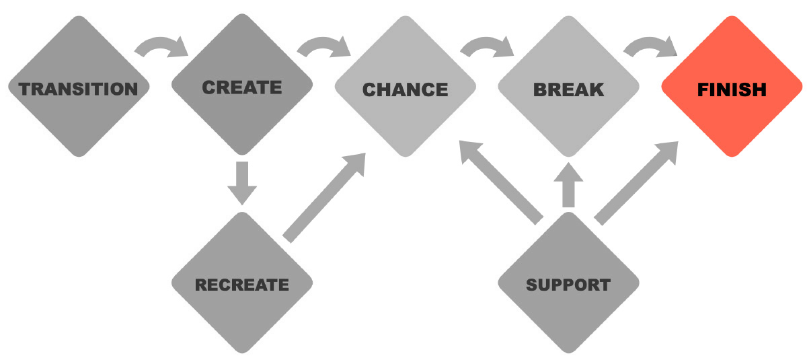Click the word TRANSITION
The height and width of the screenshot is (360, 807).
point(78,89)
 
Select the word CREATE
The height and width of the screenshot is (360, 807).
point(242,87)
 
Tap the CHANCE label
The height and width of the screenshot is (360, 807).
point(405,89)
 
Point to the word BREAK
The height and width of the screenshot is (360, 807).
point(568,89)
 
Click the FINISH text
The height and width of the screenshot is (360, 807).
point(732,89)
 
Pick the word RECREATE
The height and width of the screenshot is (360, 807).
point(242,285)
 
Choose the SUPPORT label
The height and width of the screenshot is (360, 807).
point(568,285)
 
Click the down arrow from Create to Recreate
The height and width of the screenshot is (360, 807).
point(242,182)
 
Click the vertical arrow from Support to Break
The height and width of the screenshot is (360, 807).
point(568,185)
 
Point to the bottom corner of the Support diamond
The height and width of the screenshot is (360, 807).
point(568,352)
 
